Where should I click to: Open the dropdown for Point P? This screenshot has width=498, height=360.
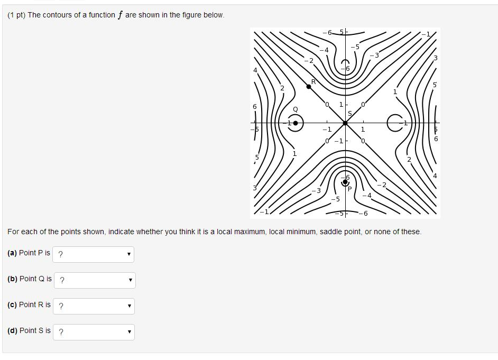tap(94, 254)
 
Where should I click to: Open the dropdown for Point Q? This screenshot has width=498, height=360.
tap(95, 280)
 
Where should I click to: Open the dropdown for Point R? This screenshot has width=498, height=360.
tap(94, 306)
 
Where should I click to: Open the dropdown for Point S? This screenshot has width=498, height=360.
tap(94, 332)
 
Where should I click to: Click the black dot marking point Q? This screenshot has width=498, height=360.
tap(296, 123)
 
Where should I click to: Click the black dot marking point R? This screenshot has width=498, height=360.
tap(309, 86)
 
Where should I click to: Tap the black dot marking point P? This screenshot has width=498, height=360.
tap(345, 182)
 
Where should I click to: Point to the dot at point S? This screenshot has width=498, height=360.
tap(345, 123)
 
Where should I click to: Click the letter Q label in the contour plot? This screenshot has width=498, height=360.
tap(296, 109)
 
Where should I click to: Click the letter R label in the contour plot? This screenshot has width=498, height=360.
tap(313, 81)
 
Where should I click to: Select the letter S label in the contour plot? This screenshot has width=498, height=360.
tap(349, 114)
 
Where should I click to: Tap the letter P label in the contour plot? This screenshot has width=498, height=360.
tap(349, 189)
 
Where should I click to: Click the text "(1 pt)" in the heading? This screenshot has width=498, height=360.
tap(16, 15)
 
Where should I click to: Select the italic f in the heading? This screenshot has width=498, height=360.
tap(120, 15)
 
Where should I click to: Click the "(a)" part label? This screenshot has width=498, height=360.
tap(12, 253)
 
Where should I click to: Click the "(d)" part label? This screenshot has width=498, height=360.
tap(12, 330)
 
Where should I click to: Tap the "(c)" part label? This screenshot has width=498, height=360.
tap(12, 304)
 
